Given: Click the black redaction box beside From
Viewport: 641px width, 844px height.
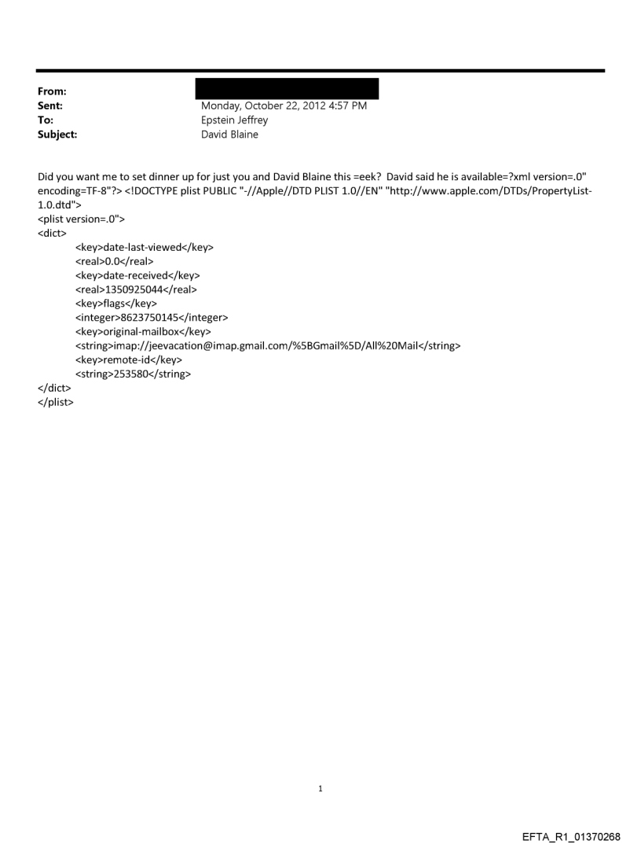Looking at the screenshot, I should [x=286, y=88].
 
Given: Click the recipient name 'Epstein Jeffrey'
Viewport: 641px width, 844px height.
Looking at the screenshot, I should [x=235, y=120].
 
